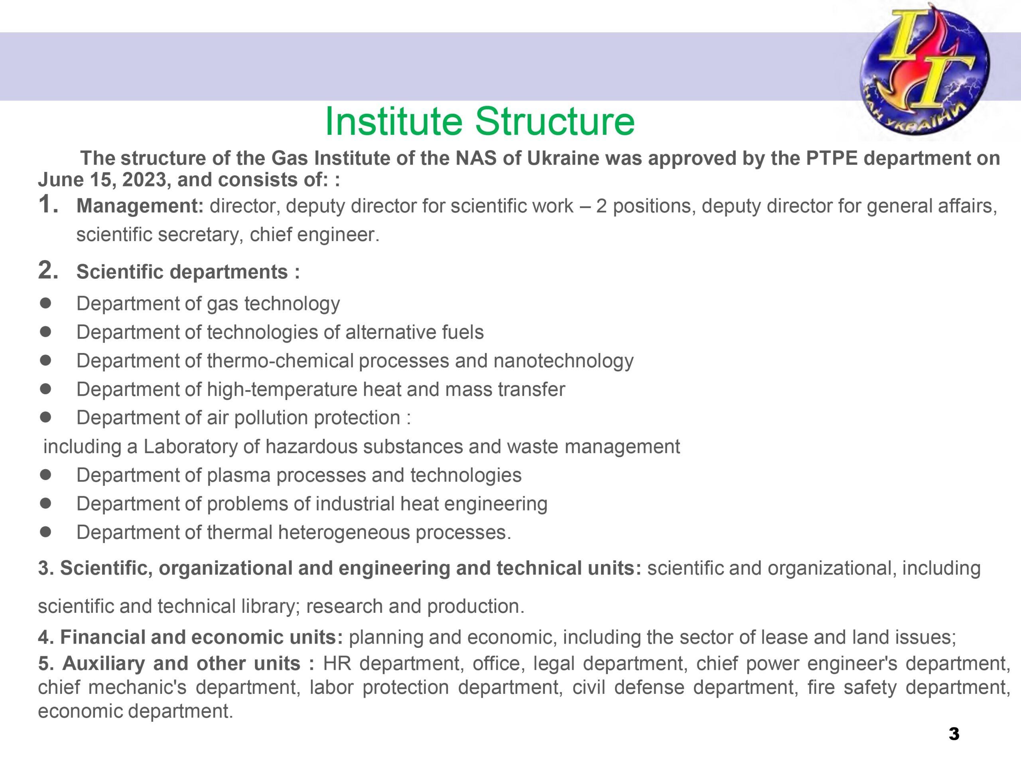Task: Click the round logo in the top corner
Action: pos(924,70)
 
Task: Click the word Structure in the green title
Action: pos(555,121)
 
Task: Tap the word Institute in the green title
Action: pos(394,121)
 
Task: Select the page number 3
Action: pos(954,734)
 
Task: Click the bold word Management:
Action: pos(140,206)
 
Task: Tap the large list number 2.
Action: pos(48,270)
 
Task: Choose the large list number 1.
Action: pos(48,204)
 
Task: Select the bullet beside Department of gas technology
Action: pos(45,303)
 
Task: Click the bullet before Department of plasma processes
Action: pos(45,475)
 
